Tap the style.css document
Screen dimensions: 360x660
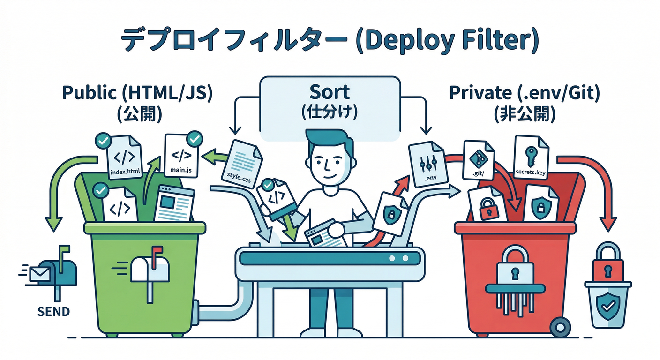(241, 164)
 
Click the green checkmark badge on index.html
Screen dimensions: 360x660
(102, 140)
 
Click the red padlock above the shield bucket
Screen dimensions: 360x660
(608, 264)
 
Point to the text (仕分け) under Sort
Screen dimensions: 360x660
(330, 112)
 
